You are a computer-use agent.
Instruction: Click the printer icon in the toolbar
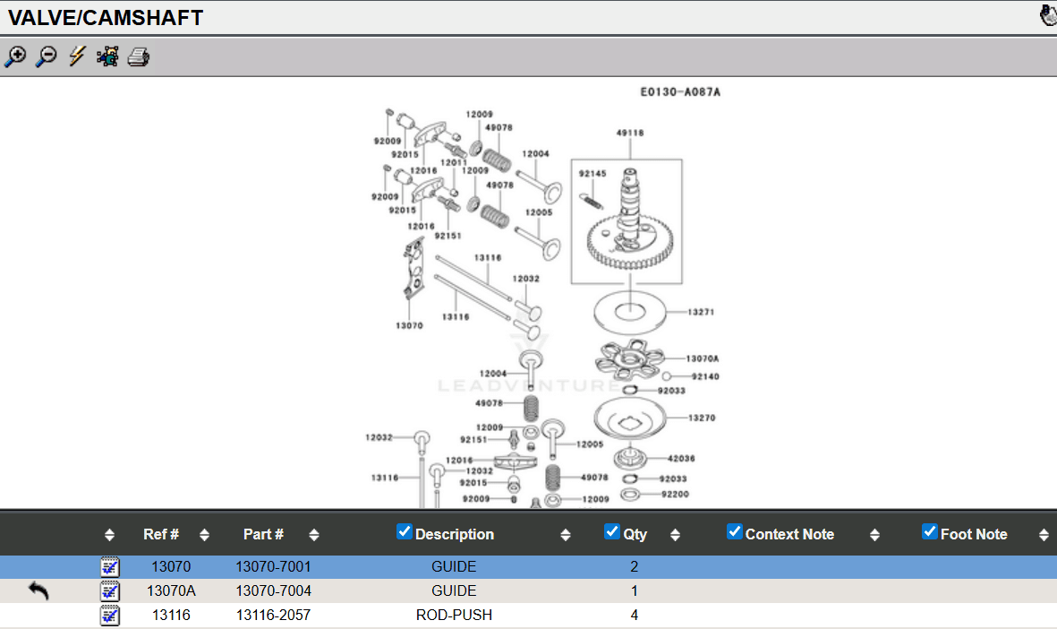[x=138, y=57]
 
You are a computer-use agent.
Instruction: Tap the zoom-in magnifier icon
[x=15, y=57]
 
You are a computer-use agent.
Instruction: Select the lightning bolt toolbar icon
[x=77, y=57]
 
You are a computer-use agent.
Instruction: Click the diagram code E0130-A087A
[x=680, y=91]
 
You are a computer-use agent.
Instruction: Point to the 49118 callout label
[x=629, y=133]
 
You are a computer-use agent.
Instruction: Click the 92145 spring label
[x=592, y=174]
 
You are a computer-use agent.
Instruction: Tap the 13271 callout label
[x=701, y=313]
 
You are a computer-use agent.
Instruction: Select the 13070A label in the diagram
[x=703, y=358]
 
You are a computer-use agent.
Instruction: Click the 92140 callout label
[x=704, y=376]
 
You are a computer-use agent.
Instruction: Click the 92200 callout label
[x=676, y=494]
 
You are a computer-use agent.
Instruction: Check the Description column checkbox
[x=405, y=531]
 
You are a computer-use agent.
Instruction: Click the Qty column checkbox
[x=612, y=531]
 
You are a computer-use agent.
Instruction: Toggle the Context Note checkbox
[x=735, y=531]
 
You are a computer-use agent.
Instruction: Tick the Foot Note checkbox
[x=930, y=531]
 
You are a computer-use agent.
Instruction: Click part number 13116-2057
[x=273, y=615]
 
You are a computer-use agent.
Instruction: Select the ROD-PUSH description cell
[x=454, y=615]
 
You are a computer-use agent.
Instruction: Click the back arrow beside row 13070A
[x=38, y=590]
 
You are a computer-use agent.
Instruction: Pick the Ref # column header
[x=161, y=534]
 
